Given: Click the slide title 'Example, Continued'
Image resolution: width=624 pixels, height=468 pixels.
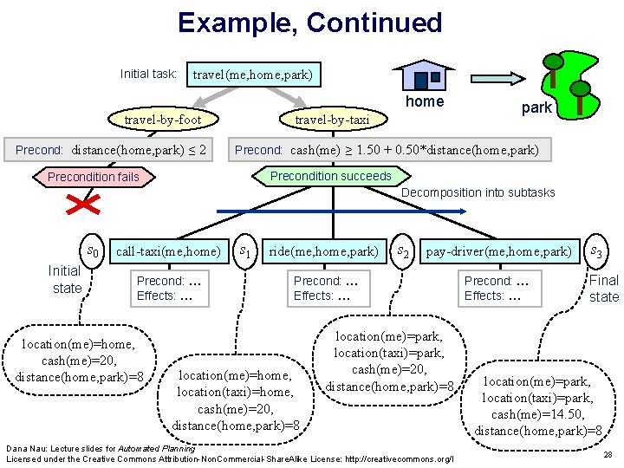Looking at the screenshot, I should (309, 23).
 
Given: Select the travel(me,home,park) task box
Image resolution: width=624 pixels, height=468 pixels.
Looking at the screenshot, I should (252, 75).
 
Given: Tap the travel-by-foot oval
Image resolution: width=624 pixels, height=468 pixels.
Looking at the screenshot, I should (162, 120).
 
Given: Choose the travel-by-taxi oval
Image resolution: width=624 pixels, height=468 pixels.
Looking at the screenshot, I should (332, 120).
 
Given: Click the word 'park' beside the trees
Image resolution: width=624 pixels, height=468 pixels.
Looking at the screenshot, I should (536, 108).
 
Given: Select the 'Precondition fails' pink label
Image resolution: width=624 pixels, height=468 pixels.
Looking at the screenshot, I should (93, 177).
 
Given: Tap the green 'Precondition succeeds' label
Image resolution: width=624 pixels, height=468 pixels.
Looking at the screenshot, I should (330, 176).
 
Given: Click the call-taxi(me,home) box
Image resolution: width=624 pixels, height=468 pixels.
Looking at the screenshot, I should (168, 251).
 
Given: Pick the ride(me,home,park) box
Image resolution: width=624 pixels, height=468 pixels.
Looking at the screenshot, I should (323, 251).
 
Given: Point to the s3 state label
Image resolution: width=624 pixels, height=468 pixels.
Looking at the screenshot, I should (597, 251).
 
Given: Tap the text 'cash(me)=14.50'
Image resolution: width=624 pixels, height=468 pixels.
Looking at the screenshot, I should (537, 414).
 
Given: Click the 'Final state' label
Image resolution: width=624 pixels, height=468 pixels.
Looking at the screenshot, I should (603, 289).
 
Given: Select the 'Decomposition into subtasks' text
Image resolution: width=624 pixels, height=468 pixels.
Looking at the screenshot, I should (478, 192).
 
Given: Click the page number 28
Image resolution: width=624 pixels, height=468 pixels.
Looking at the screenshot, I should (608, 454).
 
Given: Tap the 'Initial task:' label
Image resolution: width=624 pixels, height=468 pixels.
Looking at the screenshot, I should (149, 75).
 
